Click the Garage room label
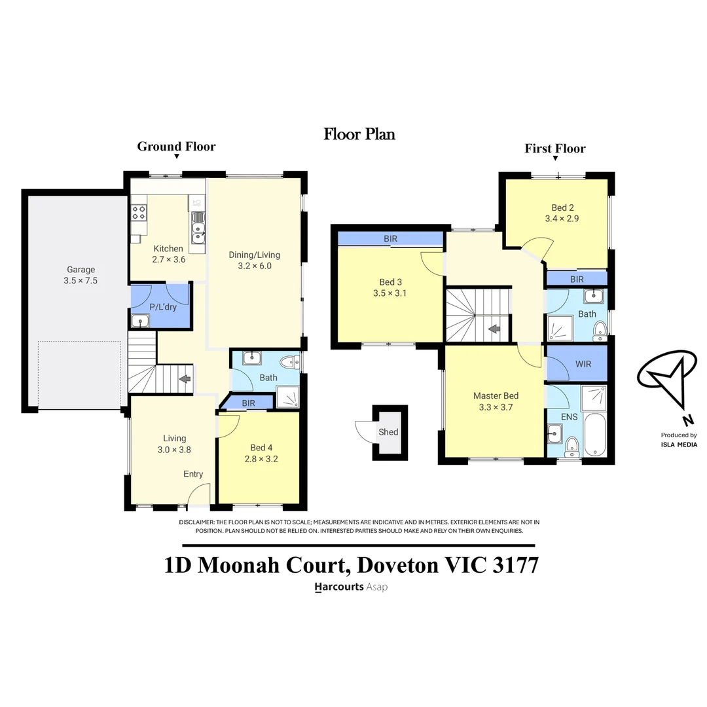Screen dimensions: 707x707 point(81,269)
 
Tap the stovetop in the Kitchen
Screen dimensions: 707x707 point(139,212)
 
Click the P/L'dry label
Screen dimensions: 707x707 point(163,306)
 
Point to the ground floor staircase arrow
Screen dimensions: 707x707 point(185,378)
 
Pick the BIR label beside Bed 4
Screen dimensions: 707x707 point(248,403)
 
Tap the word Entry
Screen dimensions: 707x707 point(193,474)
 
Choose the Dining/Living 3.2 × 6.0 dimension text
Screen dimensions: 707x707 point(255,266)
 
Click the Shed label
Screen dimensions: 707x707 point(388,431)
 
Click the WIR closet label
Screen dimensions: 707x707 point(583,363)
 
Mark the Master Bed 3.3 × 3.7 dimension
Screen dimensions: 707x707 point(496,407)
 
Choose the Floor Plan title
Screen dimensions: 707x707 point(359,134)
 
